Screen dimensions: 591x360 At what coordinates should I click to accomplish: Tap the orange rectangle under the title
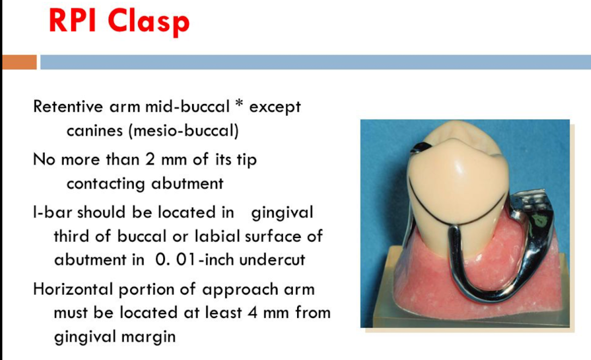pos(20,62)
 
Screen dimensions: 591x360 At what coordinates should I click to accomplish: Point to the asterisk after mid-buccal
pos(239,104)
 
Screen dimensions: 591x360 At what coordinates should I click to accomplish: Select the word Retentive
pos(68,106)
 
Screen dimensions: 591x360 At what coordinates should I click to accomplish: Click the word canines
pos(95,131)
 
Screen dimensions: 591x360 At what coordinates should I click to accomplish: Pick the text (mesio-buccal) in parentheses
pos(183,131)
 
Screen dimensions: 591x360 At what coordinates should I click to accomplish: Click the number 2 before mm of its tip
pos(150,159)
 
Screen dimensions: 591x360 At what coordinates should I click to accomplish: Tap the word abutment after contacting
pos(187,184)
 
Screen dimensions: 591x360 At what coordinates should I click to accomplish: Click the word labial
pos(217,236)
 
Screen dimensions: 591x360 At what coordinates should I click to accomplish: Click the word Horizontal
pos(73,289)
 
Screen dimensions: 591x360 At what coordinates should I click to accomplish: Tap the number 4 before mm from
pos(253,313)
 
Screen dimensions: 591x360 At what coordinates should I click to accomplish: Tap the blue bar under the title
pos(316,62)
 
